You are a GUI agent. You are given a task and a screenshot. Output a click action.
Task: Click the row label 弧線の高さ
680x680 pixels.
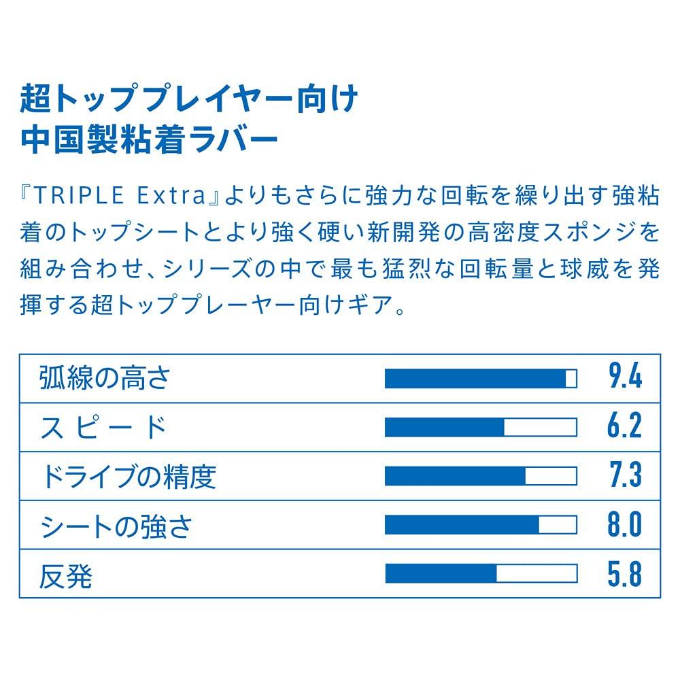point(104,378)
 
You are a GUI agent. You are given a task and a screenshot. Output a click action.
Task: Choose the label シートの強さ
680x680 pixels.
point(116,526)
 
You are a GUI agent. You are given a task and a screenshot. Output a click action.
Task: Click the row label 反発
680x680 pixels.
point(66,575)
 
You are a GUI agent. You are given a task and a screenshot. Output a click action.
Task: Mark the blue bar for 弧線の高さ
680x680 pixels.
point(475,378)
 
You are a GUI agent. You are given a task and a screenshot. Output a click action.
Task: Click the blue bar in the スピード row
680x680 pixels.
point(445,427)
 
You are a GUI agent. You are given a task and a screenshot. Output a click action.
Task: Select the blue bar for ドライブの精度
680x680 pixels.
point(455,476)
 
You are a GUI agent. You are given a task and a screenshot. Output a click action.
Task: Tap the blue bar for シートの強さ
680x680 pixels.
point(462,525)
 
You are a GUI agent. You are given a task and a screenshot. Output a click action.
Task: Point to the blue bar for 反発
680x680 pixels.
point(441,574)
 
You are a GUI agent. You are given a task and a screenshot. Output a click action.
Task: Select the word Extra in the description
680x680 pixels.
point(173,197)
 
